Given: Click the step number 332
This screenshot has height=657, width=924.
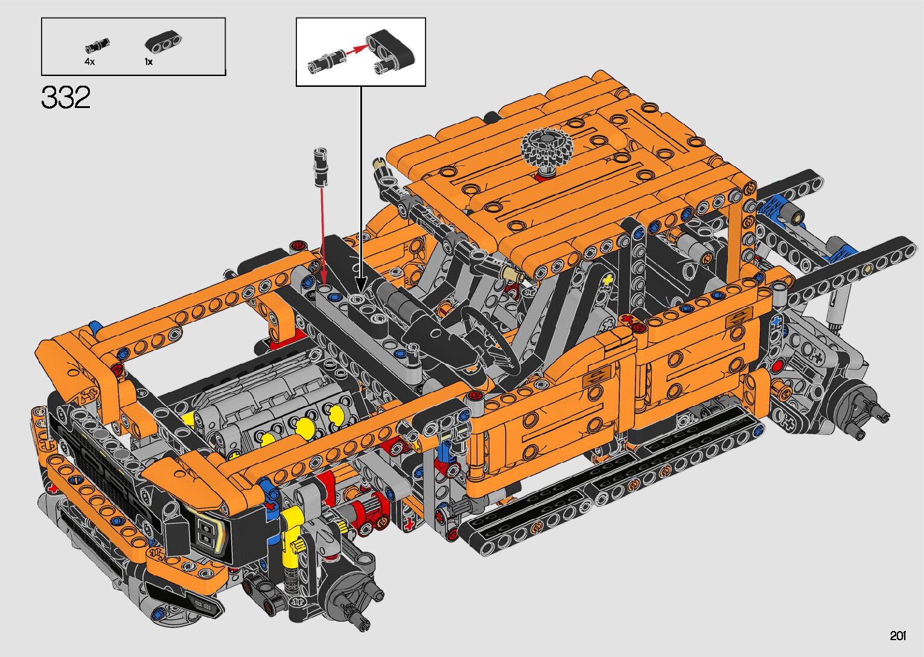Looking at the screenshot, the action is (66, 97).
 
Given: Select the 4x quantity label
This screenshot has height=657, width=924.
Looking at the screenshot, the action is (89, 62).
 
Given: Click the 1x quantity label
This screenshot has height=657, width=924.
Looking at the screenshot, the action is (148, 62).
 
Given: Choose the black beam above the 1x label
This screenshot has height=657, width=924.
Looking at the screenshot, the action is (164, 41).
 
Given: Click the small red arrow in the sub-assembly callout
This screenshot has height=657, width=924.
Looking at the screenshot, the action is (357, 49).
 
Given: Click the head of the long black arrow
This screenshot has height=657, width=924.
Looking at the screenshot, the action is (361, 284).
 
